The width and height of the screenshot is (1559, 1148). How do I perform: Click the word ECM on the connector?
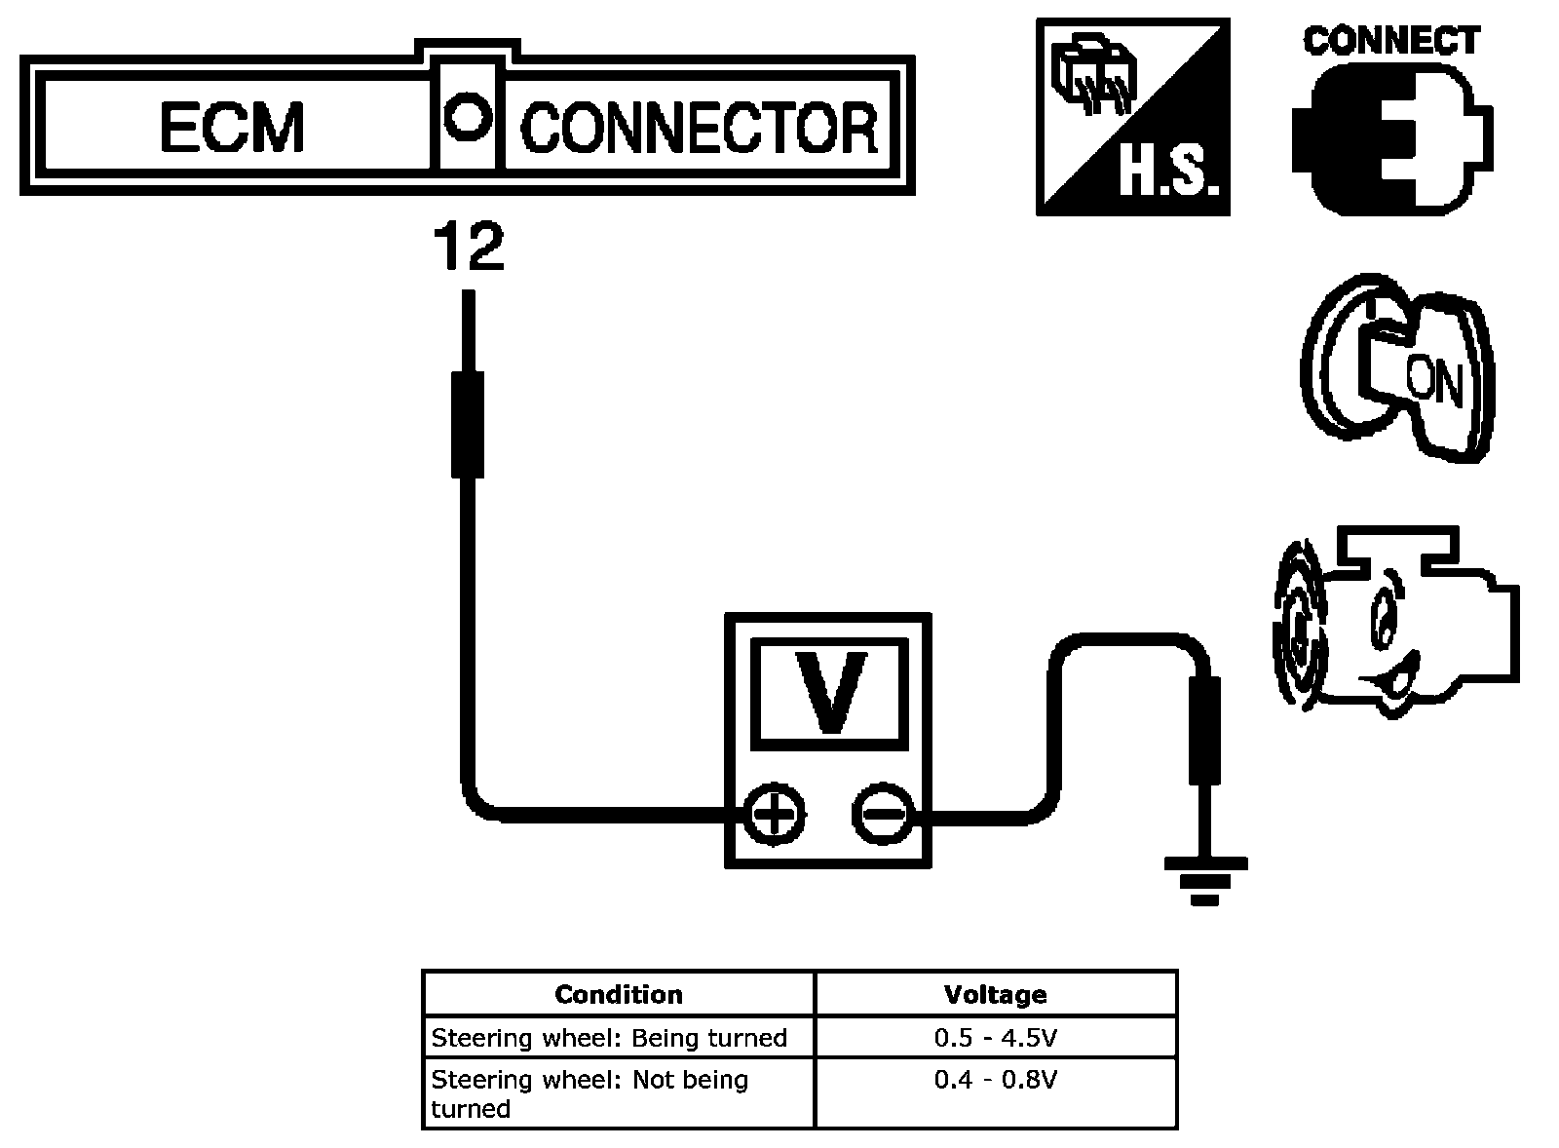(x=233, y=127)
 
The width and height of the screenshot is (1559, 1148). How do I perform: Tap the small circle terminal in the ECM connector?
(x=467, y=116)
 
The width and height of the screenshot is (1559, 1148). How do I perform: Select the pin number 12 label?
(x=469, y=246)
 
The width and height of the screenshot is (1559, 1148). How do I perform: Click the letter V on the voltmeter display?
(x=830, y=691)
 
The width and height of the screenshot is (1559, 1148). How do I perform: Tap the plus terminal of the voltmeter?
(x=775, y=814)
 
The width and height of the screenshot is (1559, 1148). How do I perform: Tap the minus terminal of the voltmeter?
(x=882, y=814)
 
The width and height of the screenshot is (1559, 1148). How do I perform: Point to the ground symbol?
(x=1205, y=881)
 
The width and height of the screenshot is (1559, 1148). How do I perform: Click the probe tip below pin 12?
(x=469, y=330)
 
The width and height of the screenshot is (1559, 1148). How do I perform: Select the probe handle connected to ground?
(x=1204, y=731)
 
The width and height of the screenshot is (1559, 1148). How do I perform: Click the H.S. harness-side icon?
(x=1133, y=117)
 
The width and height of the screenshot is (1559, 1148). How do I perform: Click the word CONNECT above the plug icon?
(x=1391, y=40)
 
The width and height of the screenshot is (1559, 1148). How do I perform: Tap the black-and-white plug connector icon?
(x=1392, y=137)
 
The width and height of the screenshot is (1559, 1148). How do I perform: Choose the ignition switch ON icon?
(x=1397, y=366)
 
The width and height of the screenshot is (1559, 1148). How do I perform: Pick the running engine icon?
(x=1396, y=623)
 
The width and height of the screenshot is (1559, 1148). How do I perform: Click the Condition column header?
(x=618, y=993)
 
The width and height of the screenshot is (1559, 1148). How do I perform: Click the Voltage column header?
(x=995, y=993)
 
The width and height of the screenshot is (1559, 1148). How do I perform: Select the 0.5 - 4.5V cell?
(x=995, y=1037)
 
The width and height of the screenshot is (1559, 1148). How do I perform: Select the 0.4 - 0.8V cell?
(x=995, y=1091)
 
